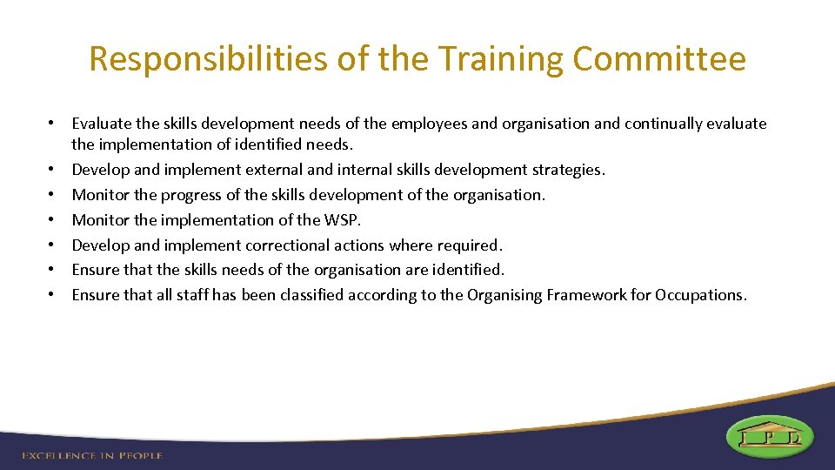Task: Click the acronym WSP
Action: [x=343, y=220]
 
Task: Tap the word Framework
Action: [x=587, y=295]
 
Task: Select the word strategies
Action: [x=566, y=170]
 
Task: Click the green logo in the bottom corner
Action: [x=770, y=436]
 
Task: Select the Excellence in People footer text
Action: [x=92, y=455]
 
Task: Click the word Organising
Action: [x=504, y=295]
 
